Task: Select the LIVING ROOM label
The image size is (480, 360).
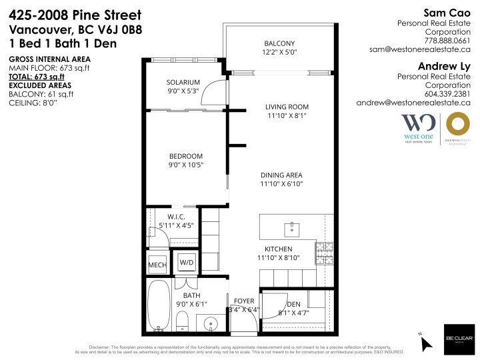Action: (287, 107)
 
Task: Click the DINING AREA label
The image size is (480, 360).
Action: (281, 175)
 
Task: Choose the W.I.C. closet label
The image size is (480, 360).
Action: (175, 216)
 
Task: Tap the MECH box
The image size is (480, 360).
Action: (157, 265)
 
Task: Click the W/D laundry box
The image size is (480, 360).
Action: (187, 263)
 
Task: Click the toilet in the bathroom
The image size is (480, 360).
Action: (182, 323)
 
